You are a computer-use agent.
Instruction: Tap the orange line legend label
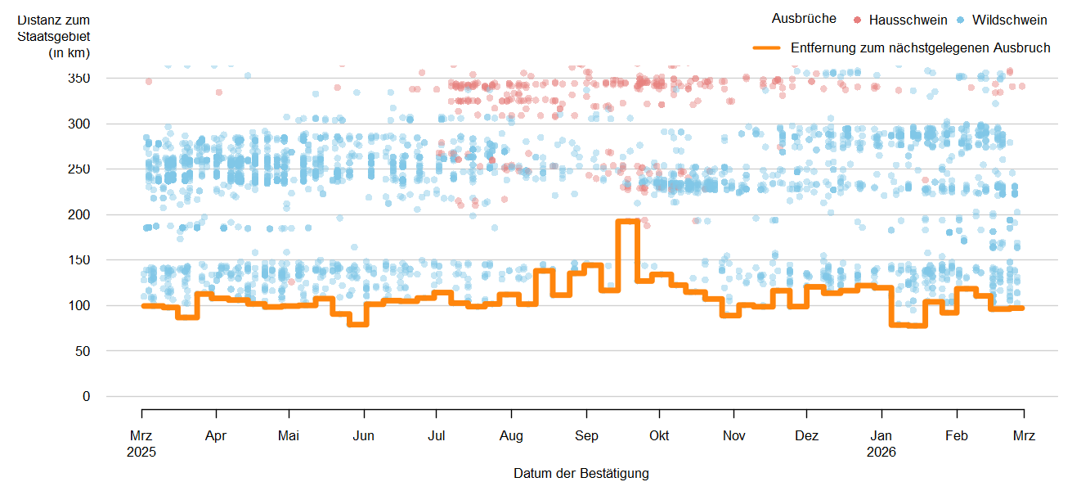[x=920, y=48]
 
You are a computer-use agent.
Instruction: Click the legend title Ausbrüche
[x=804, y=19]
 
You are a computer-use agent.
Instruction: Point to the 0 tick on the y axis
[x=86, y=396]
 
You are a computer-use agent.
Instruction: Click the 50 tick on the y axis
[x=83, y=351]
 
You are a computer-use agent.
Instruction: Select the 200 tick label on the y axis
[x=79, y=214]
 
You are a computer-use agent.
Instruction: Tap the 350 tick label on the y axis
[x=79, y=79]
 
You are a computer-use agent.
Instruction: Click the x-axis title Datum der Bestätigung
[x=581, y=473]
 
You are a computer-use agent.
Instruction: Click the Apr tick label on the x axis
[x=216, y=436]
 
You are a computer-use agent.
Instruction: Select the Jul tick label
[x=437, y=436]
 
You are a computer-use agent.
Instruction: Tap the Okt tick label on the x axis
[x=659, y=436]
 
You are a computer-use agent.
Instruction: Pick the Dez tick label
[x=807, y=436]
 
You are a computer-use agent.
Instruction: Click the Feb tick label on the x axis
[x=957, y=436]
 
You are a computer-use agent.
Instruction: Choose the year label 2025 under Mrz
[x=142, y=452]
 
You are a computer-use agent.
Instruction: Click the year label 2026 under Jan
[x=881, y=452]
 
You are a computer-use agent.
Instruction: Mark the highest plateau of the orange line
[x=627, y=221]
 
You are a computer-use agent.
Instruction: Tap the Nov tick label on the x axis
[x=734, y=436]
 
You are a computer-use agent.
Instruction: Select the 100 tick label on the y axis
[x=79, y=305]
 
